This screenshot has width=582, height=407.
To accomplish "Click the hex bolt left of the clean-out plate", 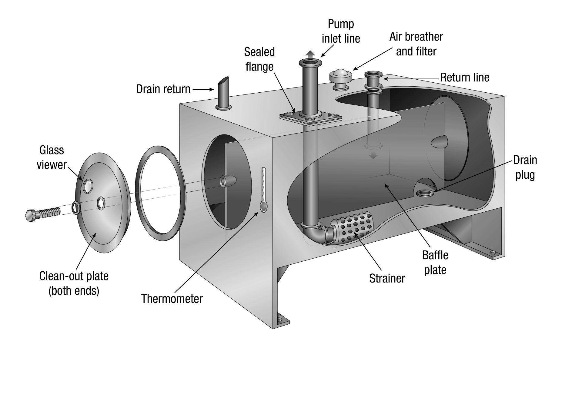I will [41, 214].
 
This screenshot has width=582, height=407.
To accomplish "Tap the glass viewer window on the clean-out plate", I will [88, 186].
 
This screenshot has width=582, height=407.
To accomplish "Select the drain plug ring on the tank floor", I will [425, 193].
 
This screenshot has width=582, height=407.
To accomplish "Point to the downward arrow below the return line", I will [373, 155].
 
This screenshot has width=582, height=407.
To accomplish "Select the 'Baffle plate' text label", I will [435, 262].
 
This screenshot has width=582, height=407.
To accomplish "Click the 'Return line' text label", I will [464, 78].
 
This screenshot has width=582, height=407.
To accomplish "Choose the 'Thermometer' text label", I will [172, 299].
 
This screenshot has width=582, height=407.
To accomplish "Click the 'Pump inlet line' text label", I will [341, 31].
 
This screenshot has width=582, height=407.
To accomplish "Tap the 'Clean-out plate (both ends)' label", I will [74, 283].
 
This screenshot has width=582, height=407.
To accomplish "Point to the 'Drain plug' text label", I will [525, 167].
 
